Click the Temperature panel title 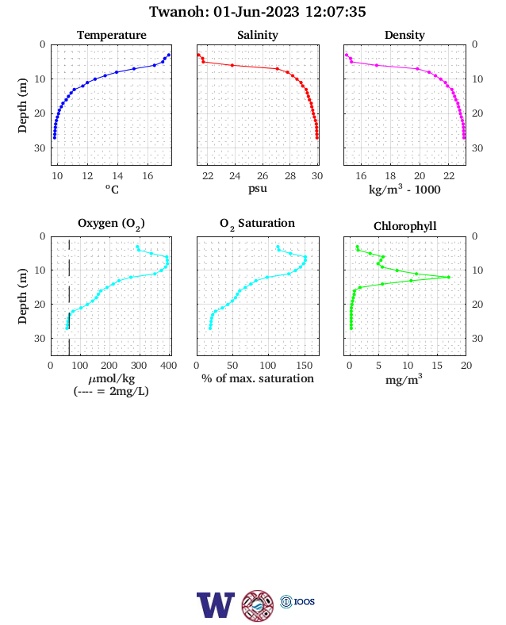pyautogui.click(x=112, y=35)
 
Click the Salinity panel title pyautogui.click(x=258, y=35)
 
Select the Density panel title pyautogui.click(x=404, y=35)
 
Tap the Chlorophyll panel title pyautogui.click(x=404, y=226)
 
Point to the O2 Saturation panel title pyautogui.click(x=258, y=224)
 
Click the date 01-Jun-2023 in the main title pyautogui.click(x=256, y=12)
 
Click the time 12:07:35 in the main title pyautogui.click(x=335, y=12)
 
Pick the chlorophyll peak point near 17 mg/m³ pyautogui.click(x=449, y=277)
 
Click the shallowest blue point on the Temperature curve pyautogui.click(x=169, y=55)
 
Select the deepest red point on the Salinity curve pyautogui.click(x=317, y=138)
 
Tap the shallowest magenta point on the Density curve pyautogui.click(x=347, y=55)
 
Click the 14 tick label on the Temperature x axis pyautogui.click(x=117, y=176)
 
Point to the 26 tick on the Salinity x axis pyautogui.click(x=263, y=176)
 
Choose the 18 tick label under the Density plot pyautogui.click(x=390, y=176)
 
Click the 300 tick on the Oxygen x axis pyautogui.click(x=139, y=366)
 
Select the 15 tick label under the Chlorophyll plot pyautogui.click(x=437, y=366)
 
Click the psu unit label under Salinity pyautogui.click(x=258, y=189)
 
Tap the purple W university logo pyautogui.click(x=216, y=604)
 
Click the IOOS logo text pyautogui.click(x=305, y=601)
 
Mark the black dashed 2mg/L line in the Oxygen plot pyautogui.click(x=69, y=297)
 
